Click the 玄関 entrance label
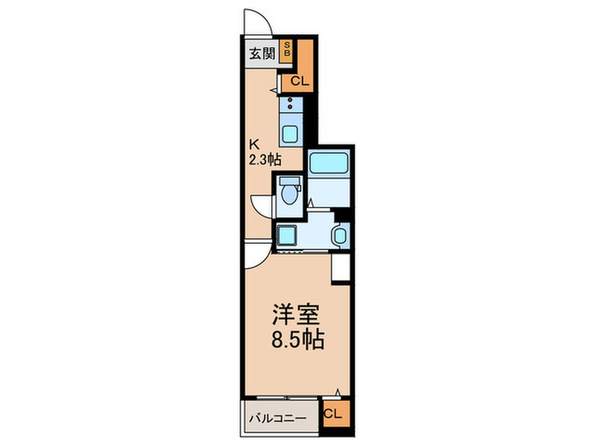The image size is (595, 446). tap(261, 54)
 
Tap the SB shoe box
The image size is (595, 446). tap(287, 48)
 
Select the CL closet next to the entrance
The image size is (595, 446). tap(297, 81)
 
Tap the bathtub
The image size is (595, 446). tap(330, 164)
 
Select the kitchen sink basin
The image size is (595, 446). tap(290, 133)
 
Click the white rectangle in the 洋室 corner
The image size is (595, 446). tap(341, 267)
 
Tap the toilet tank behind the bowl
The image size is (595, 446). tap(287, 182)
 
